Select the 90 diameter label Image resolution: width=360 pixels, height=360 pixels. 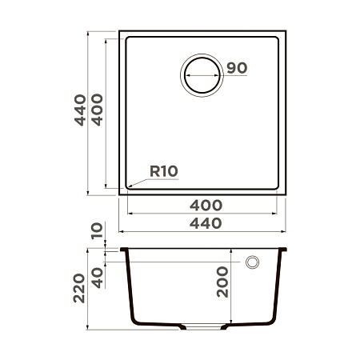click(x=235, y=68)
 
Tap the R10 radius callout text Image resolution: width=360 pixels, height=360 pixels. click(x=162, y=170)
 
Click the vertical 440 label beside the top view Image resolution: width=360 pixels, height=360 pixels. click(x=79, y=113)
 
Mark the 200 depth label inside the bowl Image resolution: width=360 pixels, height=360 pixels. click(x=223, y=282)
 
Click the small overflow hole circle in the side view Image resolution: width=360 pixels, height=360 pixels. click(x=254, y=262)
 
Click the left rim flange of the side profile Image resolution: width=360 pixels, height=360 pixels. click(x=124, y=250)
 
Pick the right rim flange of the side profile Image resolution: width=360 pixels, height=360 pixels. click(x=282, y=250)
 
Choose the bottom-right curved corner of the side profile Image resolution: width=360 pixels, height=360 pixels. click(x=268, y=321)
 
